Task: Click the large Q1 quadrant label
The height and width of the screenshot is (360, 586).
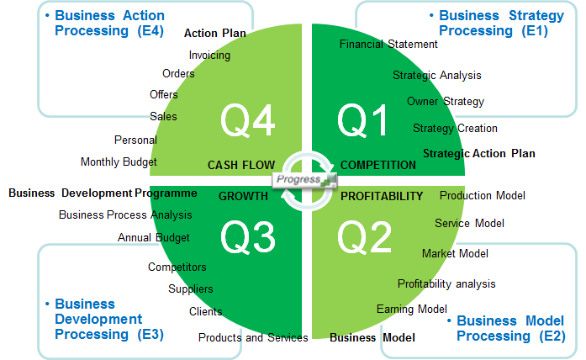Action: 362,120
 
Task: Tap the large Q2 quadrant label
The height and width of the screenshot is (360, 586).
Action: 364,236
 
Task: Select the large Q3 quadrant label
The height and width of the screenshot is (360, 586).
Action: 248,236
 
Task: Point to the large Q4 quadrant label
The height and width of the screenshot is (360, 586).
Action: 248,120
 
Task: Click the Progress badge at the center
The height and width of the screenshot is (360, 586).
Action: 304,180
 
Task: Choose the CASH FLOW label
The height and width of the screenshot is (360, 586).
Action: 241,165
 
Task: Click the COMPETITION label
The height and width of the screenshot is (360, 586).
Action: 377,165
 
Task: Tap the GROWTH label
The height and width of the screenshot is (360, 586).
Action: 243,196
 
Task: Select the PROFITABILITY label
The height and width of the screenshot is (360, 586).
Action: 382,196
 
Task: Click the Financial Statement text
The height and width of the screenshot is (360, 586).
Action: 388,44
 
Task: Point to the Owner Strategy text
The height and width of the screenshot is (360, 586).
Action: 445,101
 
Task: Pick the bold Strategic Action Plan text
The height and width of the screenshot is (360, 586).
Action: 478,153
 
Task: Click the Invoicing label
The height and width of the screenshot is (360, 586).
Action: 209,56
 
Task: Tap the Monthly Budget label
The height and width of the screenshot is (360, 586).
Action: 119,161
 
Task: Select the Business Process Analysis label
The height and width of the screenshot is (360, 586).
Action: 125,215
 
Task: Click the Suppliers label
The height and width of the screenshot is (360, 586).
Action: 191,289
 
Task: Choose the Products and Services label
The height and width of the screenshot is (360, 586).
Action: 253,337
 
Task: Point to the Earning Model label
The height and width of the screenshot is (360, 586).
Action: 411,310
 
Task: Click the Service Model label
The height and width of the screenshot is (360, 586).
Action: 469,223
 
